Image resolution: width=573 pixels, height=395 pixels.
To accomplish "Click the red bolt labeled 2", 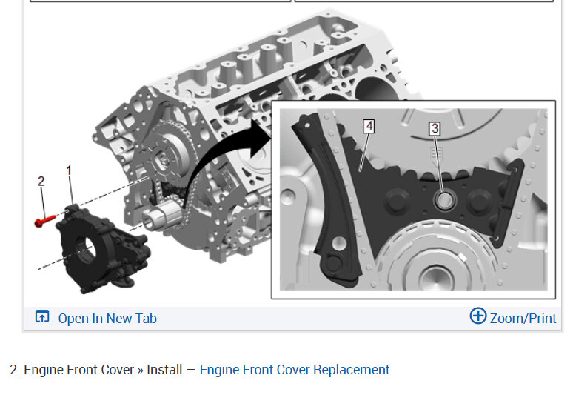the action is [44, 221].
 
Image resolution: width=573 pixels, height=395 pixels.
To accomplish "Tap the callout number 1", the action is [69, 170].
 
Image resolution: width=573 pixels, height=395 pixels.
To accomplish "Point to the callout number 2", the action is [41, 181].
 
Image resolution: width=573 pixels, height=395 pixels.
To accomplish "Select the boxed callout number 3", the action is [435, 128].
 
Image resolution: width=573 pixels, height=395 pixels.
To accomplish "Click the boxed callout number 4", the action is [369, 126].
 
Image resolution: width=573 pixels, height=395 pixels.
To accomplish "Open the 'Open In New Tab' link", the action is [107, 318].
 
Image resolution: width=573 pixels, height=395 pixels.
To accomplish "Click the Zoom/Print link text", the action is [523, 318].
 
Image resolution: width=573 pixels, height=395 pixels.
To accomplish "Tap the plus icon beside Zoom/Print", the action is [478, 316].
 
